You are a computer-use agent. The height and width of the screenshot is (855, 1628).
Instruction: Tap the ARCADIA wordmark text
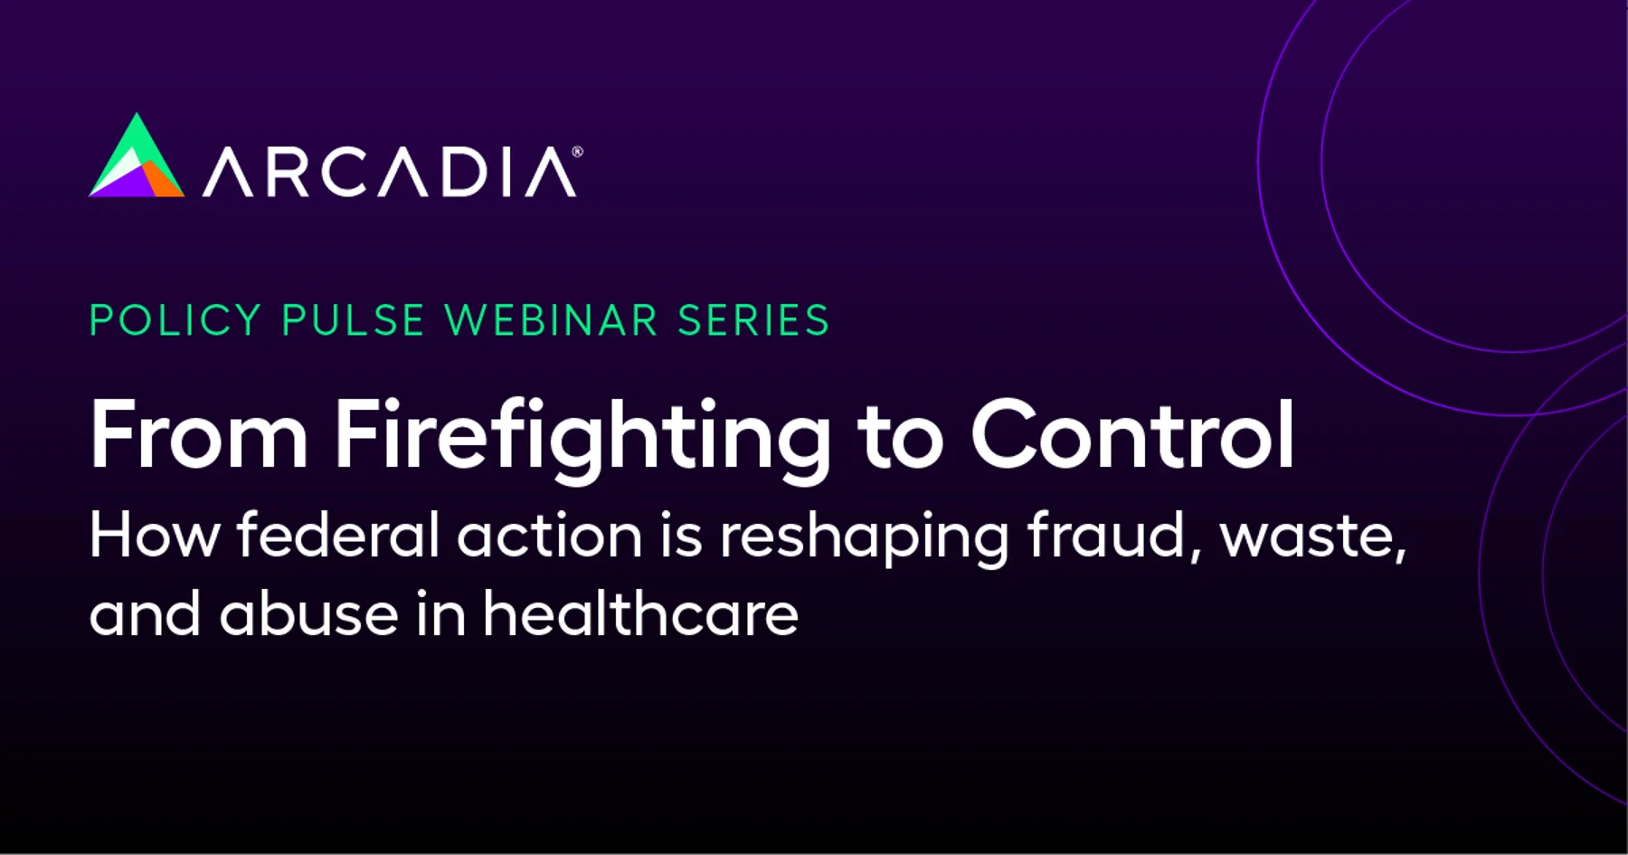pyautogui.click(x=390, y=172)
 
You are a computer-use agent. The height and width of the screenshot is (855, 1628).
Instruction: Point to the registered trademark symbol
pyautogui.click(x=577, y=152)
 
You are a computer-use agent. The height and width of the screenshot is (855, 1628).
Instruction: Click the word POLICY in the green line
pyautogui.click(x=175, y=320)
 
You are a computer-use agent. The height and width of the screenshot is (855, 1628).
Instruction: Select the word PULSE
pyautogui.click(x=354, y=320)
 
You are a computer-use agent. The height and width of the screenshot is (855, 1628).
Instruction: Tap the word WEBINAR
pyautogui.click(x=552, y=320)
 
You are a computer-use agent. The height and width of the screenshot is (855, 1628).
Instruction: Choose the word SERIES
pyautogui.click(x=753, y=320)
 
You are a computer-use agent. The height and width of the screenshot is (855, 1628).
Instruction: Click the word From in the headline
pyautogui.click(x=199, y=435)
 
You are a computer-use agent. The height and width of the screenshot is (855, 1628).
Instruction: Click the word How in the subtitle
pyautogui.click(x=155, y=535)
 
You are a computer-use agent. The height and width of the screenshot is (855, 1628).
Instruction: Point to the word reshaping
pyautogui.click(x=864, y=538)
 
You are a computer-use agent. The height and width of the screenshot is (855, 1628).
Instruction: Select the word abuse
pyautogui.click(x=308, y=613)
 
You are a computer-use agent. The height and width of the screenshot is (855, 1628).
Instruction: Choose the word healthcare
pyautogui.click(x=640, y=613)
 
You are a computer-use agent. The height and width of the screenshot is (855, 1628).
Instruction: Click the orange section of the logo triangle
pyautogui.click(x=164, y=181)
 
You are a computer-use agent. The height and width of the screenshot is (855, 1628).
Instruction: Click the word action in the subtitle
pyautogui.click(x=550, y=535)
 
